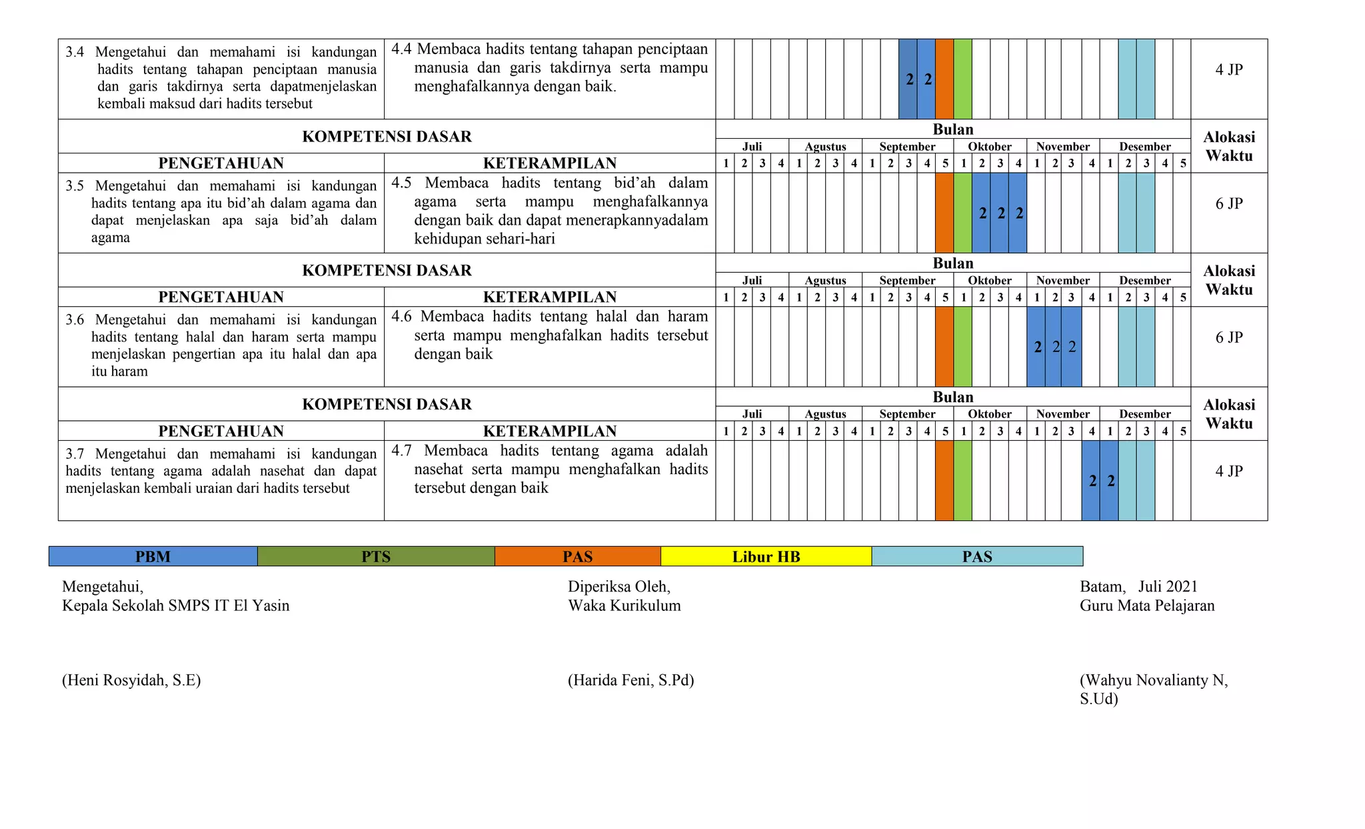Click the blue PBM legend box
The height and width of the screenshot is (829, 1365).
point(153,556)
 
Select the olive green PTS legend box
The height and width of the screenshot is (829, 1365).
point(376,556)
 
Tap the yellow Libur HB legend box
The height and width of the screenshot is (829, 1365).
point(766,556)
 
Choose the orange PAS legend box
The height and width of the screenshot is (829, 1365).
point(577,556)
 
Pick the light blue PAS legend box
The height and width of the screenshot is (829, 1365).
point(977,556)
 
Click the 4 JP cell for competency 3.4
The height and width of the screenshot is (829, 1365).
point(1229,69)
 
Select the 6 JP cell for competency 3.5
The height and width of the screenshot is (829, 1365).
point(1229,203)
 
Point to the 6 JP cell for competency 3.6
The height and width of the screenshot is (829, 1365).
point(1229,337)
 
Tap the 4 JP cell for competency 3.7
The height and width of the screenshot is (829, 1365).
point(1229,471)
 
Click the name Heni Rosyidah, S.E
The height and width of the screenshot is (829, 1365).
point(131,680)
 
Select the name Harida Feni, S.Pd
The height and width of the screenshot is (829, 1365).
point(631,680)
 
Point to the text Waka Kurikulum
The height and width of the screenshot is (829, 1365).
point(624,606)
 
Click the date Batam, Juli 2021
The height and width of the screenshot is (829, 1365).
point(1138,586)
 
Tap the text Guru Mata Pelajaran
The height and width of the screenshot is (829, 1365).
point(1147,606)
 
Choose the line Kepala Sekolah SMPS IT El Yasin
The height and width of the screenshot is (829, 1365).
point(176,606)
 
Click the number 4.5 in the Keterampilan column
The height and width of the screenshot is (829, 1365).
point(401,183)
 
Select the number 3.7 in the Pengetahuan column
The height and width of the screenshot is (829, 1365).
point(75,454)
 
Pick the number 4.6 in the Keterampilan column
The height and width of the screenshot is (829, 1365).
point(401,316)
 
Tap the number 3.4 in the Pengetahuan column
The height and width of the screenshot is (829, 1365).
point(75,52)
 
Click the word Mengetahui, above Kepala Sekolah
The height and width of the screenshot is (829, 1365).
point(103,586)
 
